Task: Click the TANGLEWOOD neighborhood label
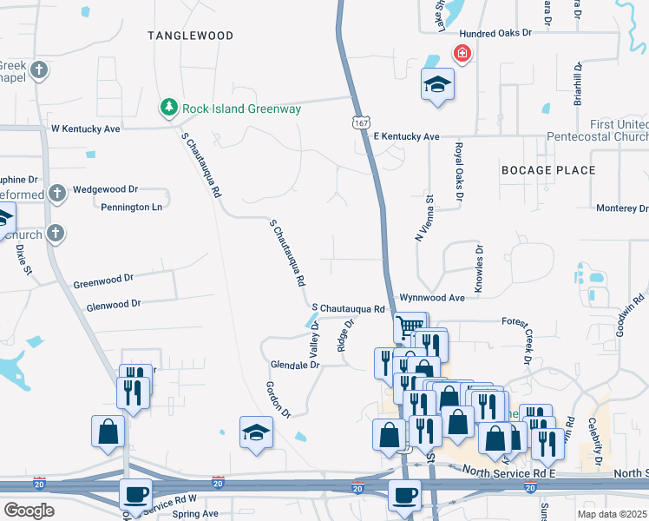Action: [x=191, y=36]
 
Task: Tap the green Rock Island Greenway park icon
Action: [x=168, y=109]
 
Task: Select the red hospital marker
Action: [x=462, y=55]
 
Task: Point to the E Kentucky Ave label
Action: [x=406, y=137]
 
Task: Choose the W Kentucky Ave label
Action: [x=85, y=129]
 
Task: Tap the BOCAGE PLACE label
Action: [x=548, y=170]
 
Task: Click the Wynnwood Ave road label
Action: [x=432, y=297]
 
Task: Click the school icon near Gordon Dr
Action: [x=256, y=432]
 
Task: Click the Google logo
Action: [x=29, y=511]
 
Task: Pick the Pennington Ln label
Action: [x=132, y=208]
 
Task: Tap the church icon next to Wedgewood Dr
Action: [x=57, y=192]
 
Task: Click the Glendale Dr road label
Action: [x=295, y=366]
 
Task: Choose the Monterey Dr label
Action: [x=621, y=208]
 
